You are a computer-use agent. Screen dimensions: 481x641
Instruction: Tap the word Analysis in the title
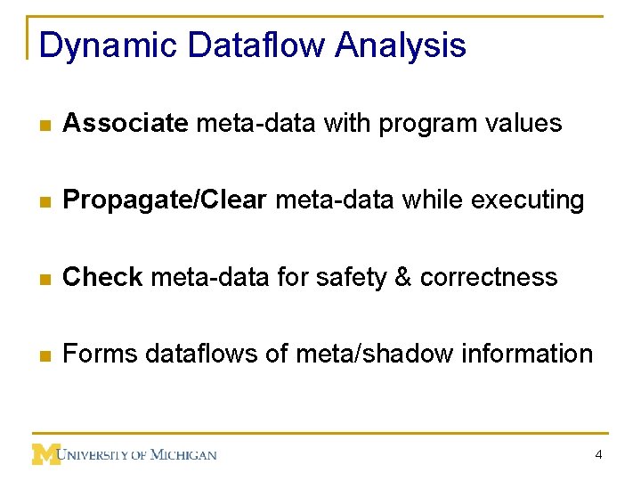pyautogui.click(x=401, y=45)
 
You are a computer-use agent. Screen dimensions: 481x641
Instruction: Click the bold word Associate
pyautogui.click(x=126, y=123)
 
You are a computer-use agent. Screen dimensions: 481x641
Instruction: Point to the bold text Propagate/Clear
pyautogui.click(x=165, y=200)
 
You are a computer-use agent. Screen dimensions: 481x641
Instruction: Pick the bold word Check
pyautogui.click(x=102, y=277)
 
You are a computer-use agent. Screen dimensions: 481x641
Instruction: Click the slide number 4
pyautogui.click(x=599, y=455)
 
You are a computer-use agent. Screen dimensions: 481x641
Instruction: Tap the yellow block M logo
pyautogui.click(x=45, y=454)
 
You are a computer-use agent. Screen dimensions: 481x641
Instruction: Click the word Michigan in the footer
pyautogui.click(x=182, y=455)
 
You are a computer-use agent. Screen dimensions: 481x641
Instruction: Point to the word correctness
pyautogui.click(x=489, y=277)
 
